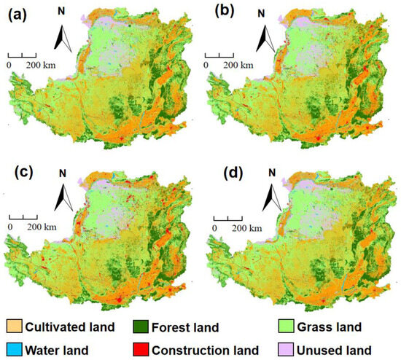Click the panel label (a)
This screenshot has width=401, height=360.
click(23, 15)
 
